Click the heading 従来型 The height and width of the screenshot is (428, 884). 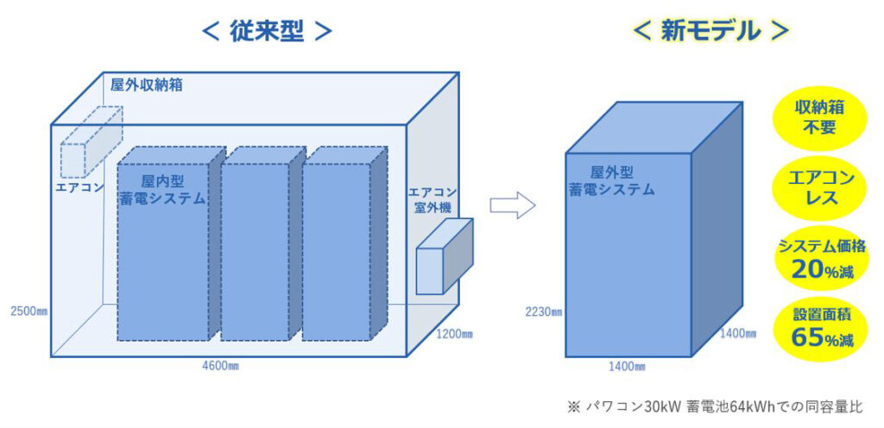tap(267, 32)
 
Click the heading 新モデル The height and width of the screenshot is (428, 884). tap(710, 32)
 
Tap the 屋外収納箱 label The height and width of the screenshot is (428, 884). tap(147, 85)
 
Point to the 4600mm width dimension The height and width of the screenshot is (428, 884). tap(220, 367)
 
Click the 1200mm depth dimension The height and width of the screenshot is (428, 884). tap(454, 335)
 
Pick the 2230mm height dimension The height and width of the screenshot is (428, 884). tap(544, 312)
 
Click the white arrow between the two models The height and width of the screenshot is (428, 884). tap(512, 205)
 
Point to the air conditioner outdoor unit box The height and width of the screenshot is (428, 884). tap(445, 257)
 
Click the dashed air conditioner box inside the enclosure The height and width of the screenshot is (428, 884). tap(92, 142)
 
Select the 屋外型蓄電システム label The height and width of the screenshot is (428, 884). tap(612, 180)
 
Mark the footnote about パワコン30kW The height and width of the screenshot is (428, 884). tap(715, 406)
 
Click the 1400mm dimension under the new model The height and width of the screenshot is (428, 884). tap(627, 368)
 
